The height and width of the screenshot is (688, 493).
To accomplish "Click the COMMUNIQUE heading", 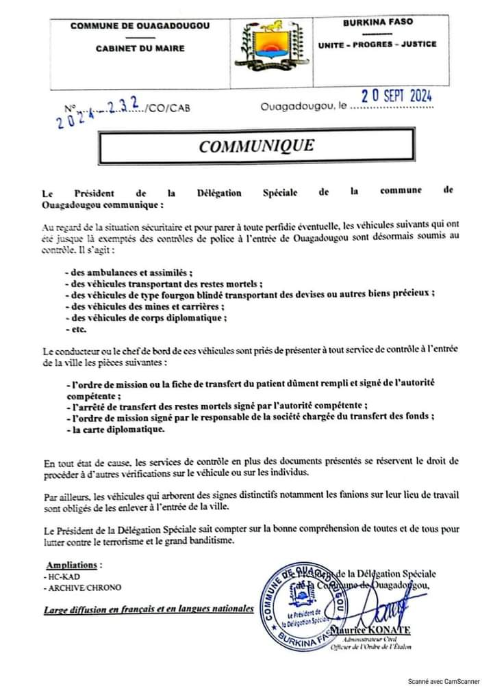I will tap(256, 146).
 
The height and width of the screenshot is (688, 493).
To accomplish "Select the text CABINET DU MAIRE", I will tap(140, 49).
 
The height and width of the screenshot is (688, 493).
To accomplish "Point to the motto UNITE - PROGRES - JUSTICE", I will tap(377, 44).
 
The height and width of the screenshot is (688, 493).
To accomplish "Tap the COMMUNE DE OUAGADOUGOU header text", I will tap(140, 26).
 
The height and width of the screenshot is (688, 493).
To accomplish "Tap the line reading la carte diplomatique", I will tap(115, 429).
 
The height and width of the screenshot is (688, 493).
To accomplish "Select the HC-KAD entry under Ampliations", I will tap(60, 578).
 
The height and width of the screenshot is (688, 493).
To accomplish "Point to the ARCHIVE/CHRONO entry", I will tap(77, 589).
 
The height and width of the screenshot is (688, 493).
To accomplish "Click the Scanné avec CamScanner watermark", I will tap(444, 681).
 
